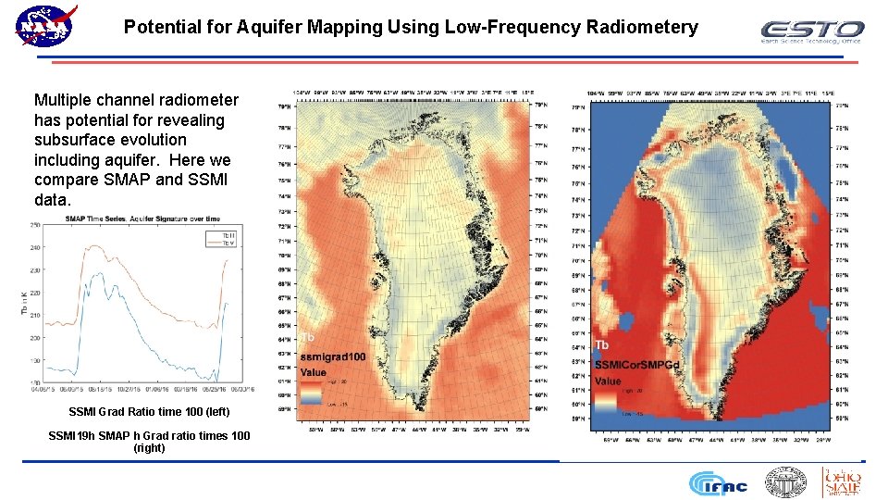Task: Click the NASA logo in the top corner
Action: pos(45,25)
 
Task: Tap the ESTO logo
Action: pos(811,32)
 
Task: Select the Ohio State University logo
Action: pos(842,481)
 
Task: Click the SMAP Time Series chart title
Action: pos(142,219)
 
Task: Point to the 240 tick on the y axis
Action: pos(34,248)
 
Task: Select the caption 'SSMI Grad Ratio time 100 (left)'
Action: pos(149,411)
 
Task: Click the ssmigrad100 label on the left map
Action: pos(332,356)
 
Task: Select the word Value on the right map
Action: pos(608,381)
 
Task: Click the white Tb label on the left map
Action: pos(309,337)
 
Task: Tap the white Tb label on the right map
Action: pos(602,345)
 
